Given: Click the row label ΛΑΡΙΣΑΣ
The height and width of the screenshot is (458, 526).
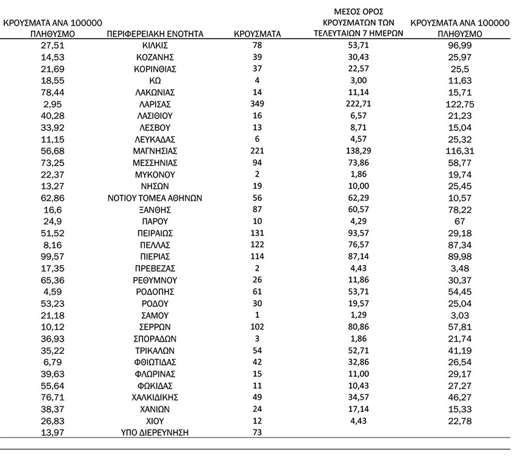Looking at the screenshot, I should (155, 104).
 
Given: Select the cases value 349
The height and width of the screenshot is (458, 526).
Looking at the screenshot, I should (257, 104).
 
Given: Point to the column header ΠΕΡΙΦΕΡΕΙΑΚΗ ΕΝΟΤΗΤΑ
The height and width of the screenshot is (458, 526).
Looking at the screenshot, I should (155, 34).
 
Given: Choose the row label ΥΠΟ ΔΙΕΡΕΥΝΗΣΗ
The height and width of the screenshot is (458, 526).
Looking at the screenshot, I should (155, 432).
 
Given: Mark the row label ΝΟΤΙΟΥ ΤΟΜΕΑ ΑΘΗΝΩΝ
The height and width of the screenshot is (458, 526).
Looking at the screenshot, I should (155, 198).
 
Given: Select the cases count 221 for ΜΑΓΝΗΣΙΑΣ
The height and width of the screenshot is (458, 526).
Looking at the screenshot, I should (257, 151).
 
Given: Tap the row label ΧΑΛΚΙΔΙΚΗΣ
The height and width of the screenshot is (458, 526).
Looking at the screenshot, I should (155, 397).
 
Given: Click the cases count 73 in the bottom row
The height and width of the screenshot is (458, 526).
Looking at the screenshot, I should (257, 432).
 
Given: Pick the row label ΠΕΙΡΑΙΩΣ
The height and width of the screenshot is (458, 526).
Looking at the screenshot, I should (155, 233).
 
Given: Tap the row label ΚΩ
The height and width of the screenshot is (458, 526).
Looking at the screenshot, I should (155, 81).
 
